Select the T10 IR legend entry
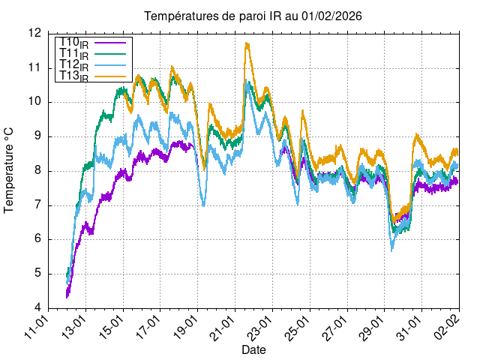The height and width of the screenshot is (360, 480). [73, 43]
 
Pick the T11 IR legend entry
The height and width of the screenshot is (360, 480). [73, 54]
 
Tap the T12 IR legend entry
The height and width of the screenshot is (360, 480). [73, 65]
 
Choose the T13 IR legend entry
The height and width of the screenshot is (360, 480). [73, 76]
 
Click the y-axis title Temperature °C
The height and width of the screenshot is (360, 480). [10, 170]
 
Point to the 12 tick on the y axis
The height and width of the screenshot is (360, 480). [34, 33]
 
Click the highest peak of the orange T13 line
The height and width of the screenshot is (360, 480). [246, 43]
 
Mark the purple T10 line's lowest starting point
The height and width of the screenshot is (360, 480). [67, 297]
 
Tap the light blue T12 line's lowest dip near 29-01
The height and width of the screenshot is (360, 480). [391, 250]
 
